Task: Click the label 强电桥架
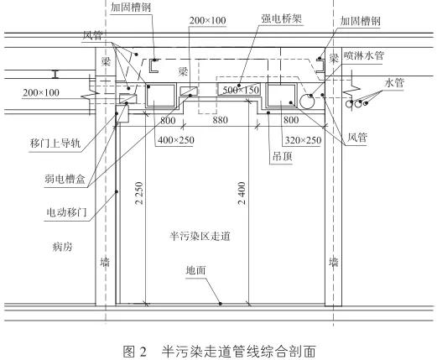tap(282, 18)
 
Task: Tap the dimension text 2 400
tap(242, 193)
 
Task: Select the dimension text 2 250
tap(139, 193)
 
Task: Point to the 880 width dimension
tap(220, 120)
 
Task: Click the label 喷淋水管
tap(363, 55)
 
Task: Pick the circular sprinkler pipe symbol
tap(307, 101)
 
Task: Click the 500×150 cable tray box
tap(239, 89)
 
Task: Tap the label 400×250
tap(176, 140)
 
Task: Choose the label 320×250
tap(303, 140)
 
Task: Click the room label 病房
tap(63, 247)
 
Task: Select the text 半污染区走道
tap(200, 236)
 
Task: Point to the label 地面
tap(195, 270)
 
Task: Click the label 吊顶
tap(282, 156)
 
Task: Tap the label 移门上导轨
tap(55, 143)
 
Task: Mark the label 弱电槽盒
tap(65, 179)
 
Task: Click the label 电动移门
tap(66, 212)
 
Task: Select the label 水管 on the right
tap(394, 83)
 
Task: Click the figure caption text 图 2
tap(135, 351)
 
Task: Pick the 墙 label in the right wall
tap(334, 263)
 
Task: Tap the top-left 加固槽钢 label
tap(131, 8)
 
